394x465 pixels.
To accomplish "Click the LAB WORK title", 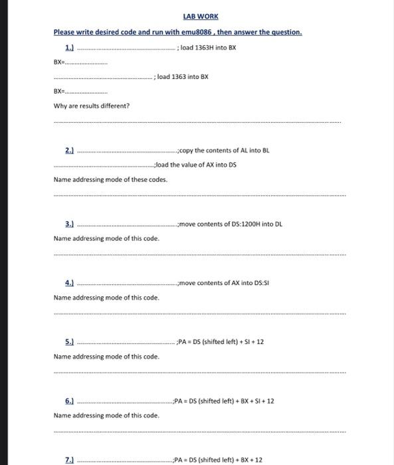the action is pos(200,16).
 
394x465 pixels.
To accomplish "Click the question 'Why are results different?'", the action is pos(92,106).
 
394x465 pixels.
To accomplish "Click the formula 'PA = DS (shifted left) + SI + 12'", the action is pos(222,341).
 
